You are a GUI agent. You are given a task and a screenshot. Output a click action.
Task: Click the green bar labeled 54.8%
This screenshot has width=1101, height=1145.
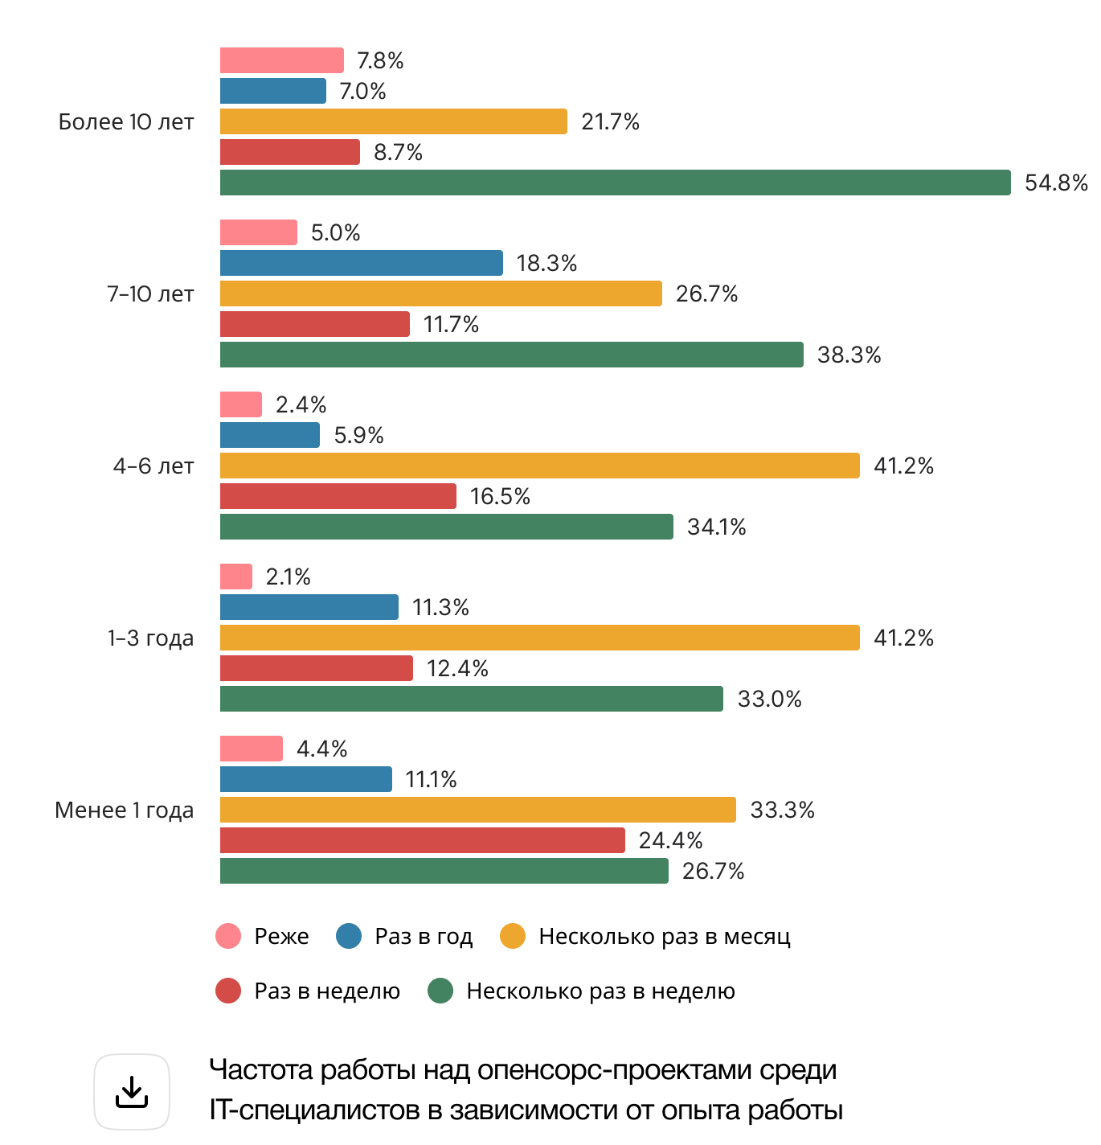click(615, 183)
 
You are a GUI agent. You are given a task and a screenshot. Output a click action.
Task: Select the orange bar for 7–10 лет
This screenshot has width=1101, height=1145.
click(440, 293)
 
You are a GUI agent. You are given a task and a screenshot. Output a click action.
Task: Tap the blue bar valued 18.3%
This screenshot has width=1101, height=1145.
click(361, 263)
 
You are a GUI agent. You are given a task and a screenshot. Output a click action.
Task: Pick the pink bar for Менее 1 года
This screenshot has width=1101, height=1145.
click(251, 749)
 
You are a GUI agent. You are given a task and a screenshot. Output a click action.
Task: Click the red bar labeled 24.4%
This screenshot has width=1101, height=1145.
click(422, 840)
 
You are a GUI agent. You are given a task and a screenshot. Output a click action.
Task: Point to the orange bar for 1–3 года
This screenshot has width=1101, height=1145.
click(539, 638)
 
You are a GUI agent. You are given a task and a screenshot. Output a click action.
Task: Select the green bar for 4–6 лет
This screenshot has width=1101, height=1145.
click(446, 527)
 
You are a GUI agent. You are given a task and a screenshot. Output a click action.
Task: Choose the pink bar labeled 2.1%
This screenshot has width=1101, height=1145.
click(235, 577)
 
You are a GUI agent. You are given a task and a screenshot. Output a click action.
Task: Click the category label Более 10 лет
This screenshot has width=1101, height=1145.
click(126, 122)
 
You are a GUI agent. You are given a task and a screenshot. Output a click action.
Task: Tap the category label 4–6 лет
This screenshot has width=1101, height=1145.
click(153, 466)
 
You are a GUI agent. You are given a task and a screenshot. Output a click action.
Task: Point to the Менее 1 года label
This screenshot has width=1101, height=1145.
click(125, 811)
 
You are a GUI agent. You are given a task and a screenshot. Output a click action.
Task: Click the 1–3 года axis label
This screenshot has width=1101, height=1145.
click(150, 638)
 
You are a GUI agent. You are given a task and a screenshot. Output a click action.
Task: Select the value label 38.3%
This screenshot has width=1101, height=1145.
click(849, 355)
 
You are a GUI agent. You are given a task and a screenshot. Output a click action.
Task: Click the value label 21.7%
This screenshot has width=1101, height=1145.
click(610, 121)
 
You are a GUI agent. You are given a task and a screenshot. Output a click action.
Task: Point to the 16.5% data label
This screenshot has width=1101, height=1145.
click(499, 496)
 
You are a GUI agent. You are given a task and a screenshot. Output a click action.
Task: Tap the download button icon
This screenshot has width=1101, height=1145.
click(132, 1092)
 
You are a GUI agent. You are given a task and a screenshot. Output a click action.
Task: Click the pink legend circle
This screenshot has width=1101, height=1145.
click(228, 936)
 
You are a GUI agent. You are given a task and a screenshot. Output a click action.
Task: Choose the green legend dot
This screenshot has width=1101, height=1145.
click(440, 991)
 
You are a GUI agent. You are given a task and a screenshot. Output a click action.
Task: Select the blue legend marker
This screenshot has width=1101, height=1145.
click(349, 936)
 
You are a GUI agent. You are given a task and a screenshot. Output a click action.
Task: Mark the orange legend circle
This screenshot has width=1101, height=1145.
click(513, 936)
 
